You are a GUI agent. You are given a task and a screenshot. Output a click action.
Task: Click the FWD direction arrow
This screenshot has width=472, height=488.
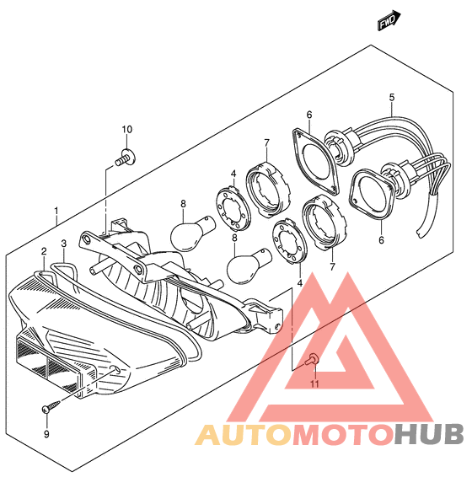(x=389, y=20)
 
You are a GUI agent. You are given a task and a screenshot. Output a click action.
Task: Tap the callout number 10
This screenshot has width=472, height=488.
(x=126, y=130)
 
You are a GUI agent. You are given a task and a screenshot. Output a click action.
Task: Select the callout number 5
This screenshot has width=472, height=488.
(x=392, y=98)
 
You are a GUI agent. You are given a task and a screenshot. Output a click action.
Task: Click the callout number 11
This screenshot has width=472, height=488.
(x=315, y=384)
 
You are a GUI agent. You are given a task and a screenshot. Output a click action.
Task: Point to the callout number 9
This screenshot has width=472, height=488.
(x=46, y=434)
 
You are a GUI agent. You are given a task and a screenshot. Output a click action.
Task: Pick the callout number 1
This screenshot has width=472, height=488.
(x=56, y=211)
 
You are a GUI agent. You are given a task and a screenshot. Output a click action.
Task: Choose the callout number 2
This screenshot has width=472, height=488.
(x=44, y=251)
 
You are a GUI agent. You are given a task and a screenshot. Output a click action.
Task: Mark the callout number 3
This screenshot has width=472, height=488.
(x=64, y=244)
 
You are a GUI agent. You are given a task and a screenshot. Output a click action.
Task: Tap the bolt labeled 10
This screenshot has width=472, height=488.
(x=126, y=158)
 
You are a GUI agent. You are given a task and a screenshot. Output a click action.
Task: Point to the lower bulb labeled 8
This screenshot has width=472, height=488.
(x=249, y=265)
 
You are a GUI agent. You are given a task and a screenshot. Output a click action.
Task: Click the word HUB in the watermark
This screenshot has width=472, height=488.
(x=429, y=434)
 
